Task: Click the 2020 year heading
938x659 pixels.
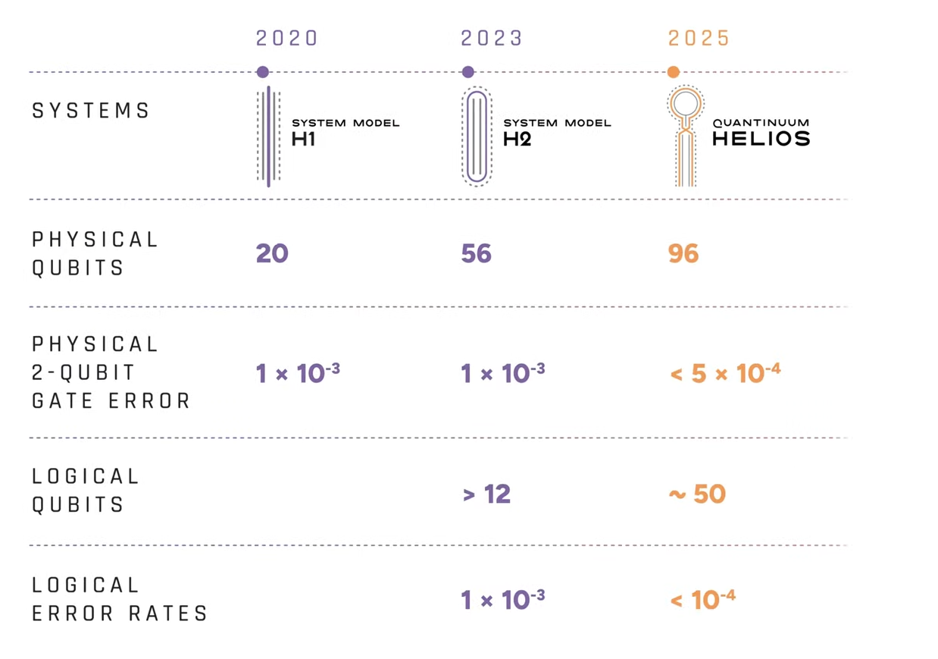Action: point(286,39)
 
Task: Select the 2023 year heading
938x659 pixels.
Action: point(492,39)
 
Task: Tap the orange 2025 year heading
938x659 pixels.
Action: point(699,39)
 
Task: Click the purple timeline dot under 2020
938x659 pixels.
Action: point(263,72)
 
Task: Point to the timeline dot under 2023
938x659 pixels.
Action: point(467,72)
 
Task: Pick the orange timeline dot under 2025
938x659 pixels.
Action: point(673,72)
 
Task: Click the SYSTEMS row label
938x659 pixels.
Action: point(91,111)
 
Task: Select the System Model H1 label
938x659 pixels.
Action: point(345,131)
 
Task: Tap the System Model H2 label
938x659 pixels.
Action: point(556,131)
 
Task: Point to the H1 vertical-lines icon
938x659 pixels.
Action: point(268,137)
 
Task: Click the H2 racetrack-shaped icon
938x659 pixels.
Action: point(477,137)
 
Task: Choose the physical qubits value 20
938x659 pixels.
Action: point(272,253)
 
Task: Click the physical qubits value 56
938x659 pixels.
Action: point(476,253)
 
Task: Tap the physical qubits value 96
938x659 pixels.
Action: point(683,253)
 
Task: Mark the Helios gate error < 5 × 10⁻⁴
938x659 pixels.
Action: point(724,372)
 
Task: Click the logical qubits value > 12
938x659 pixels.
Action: point(486,494)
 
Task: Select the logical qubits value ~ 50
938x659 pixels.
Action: point(696,494)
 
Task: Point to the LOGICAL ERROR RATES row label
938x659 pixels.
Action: point(120,599)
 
